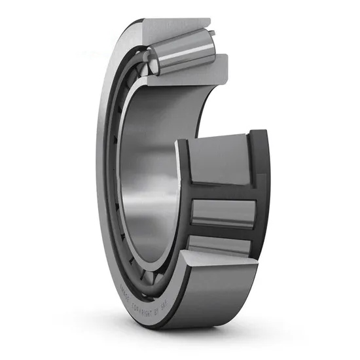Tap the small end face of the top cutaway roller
152,65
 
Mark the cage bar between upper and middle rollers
223,190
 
